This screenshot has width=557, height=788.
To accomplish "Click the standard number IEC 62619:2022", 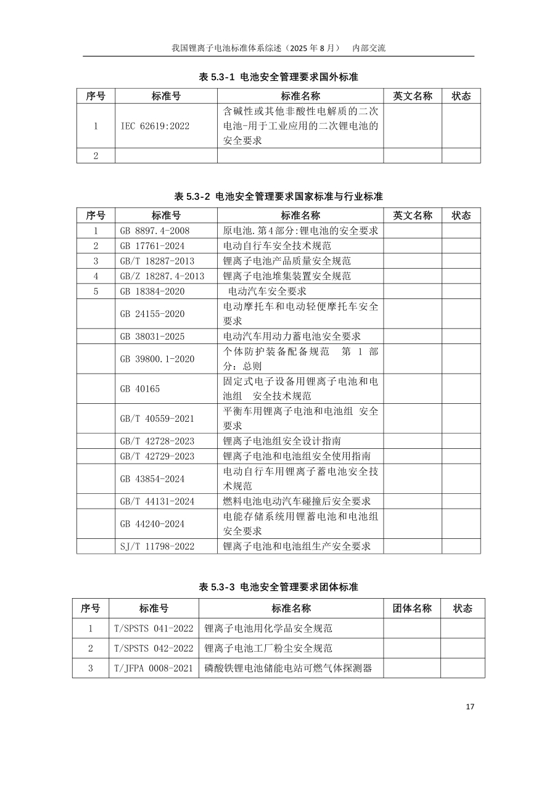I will (x=155, y=126).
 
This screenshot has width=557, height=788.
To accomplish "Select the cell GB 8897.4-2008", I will (x=155, y=231).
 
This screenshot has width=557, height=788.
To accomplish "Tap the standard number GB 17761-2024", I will (x=155, y=245).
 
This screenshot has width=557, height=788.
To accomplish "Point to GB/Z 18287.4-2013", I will (x=162, y=276).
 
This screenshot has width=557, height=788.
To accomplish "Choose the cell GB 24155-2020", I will (x=152, y=314).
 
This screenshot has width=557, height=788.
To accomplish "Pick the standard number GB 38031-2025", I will (x=152, y=337).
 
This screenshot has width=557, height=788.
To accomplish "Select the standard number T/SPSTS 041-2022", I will (x=154, y=628).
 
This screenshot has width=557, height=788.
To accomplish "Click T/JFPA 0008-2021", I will (x=154, y=668).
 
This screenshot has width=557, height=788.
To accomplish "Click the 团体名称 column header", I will (x=412, y=609).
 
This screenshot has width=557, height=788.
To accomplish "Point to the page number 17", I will (x=470, y=707).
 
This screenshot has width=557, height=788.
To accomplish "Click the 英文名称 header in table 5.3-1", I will (x=413, y=96).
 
